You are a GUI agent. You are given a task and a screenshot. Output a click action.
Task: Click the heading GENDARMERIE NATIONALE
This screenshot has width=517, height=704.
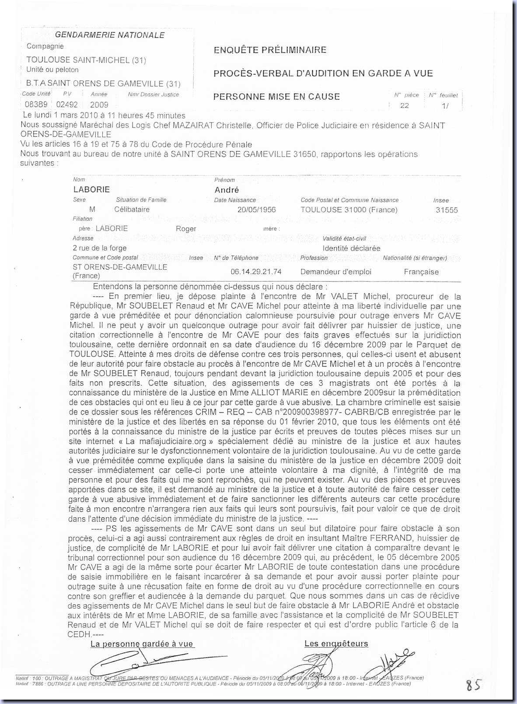(x=110, y=35)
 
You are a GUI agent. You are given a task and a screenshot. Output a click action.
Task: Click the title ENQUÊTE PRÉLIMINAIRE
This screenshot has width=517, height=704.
(x=270, y=50)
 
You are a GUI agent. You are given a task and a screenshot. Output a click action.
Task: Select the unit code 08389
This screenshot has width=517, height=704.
(x=36, y=105)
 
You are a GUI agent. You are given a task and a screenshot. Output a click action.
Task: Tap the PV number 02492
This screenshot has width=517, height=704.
(x=67, y=105)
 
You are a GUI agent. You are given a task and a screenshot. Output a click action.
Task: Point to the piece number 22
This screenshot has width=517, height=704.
(x=405, y=105)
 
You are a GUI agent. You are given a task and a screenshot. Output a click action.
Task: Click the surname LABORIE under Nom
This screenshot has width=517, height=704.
(x=91, y=190)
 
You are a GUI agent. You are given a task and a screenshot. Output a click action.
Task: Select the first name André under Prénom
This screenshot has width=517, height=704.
(x=227, y=190)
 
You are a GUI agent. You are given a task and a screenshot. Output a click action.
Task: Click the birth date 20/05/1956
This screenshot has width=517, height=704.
(x=257, y=209)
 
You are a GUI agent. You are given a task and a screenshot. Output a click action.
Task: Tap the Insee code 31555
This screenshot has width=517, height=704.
(x=447, y=210)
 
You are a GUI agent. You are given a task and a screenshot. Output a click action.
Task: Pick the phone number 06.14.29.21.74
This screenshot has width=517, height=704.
(x=256, y=272)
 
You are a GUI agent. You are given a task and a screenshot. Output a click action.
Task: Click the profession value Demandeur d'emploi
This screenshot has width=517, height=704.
(x=335, y=272)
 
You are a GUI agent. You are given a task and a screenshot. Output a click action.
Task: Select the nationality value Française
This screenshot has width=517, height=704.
(x=421, y=272)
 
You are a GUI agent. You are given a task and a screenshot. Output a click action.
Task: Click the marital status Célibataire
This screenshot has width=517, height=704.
(x=132, y=209)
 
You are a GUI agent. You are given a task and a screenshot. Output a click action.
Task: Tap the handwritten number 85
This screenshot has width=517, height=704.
(x=473, y=685)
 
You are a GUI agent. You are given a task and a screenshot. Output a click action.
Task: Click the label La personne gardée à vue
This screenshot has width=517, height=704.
(x=142, y=644)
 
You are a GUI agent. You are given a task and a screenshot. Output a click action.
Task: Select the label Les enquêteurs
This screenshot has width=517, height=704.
(x=336, y=643)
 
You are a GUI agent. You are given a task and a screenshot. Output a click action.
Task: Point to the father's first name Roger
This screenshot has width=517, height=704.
(x=186, y=229)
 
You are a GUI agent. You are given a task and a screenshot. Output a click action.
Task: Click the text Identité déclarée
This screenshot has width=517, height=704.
(x=351, y=248)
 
